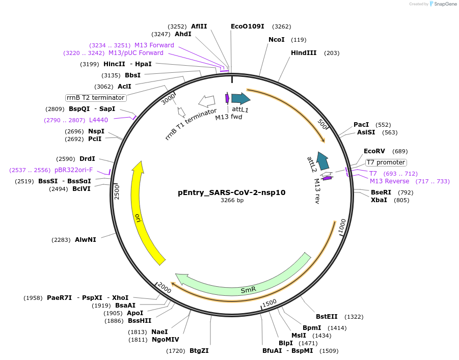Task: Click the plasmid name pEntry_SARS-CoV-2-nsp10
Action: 231,192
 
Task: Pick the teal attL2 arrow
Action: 322,161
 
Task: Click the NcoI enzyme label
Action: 277,40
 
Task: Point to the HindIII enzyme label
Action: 304,53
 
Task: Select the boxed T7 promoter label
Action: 386,162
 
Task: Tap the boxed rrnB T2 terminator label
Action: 96,98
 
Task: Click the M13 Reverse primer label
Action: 389,181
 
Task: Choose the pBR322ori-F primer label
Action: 74,170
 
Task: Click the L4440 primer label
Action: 98,120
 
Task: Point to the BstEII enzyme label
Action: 327,317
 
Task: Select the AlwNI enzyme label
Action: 86,239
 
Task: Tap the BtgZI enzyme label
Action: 199,350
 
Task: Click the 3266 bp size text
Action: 232,200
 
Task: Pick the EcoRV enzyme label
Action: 374,151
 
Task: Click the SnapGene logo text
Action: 444,4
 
